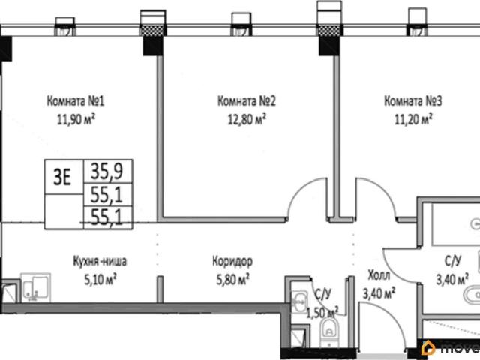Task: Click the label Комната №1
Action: click(76, 100)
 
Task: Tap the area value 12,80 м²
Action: click(247, 119)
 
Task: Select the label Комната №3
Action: click(413, 100)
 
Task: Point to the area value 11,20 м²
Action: click(413, 119)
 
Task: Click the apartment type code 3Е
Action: click(62, 177)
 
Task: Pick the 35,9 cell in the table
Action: click(106, 171)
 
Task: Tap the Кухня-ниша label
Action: click(100, 262)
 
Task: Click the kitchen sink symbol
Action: click(36, 287)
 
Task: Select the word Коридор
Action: click(232, 262)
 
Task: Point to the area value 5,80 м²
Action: click(233, 280)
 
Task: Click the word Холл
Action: click(379, 275)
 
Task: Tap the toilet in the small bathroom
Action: click(329, 331)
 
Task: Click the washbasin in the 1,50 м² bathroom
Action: click(299, 301)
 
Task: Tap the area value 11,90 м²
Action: click(76, 119)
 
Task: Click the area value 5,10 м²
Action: click(100, 280)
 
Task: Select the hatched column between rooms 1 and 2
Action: click(152, 31)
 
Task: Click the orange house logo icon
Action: click(428, 348)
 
